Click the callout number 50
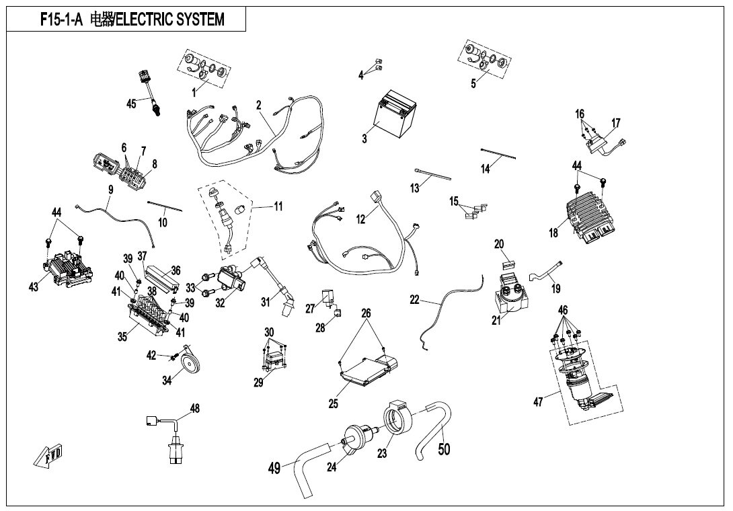444,448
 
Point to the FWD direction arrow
48,459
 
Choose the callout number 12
361,219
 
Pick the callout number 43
34,286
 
